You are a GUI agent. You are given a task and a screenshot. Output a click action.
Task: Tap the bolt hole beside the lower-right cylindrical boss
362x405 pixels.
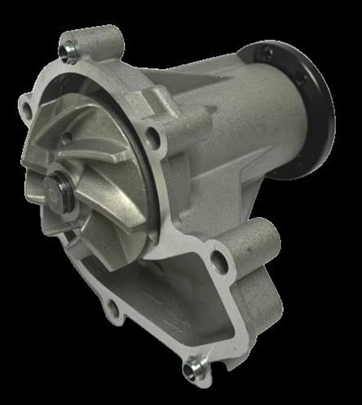[x=219, y=259]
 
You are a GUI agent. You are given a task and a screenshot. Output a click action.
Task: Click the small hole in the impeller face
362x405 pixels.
[x=66, y=137]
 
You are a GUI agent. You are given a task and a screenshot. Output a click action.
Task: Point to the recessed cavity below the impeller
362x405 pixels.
[x=158, y=304]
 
